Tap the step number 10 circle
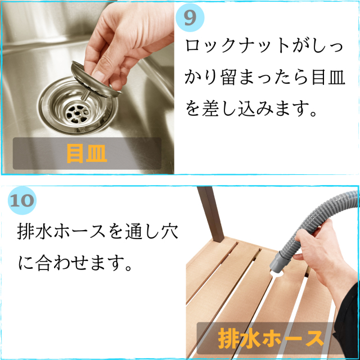[x=22, y=201]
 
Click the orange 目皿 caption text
[x=87, y=153]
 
